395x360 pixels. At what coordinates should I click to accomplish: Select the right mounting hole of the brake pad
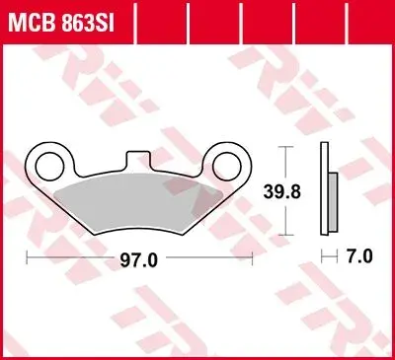[227, 167]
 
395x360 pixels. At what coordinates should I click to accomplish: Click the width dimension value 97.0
[138, 260]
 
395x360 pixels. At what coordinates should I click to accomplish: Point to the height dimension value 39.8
[282, 191]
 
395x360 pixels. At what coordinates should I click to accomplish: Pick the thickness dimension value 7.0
[359, 256]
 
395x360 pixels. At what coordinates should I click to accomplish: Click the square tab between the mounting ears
[138, 161]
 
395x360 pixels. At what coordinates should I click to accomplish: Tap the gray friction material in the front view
[138, 203]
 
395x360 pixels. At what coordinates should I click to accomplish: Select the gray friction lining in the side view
[333, 201]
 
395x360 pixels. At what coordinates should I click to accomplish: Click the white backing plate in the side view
[325, 188]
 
